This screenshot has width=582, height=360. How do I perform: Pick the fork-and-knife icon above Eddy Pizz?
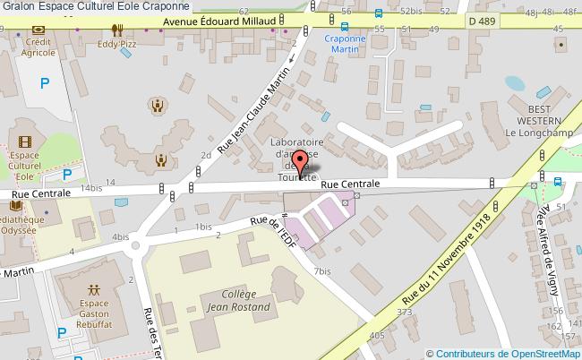(116, 29)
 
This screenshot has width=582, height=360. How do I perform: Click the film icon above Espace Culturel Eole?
(24, 142)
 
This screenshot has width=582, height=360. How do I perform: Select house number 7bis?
(322, 270)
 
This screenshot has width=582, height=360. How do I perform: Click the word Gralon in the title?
(19, 5)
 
